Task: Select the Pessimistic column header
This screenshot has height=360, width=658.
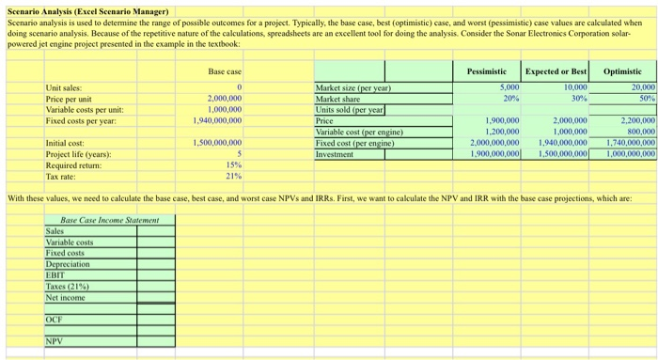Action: pyautogui.click(x=487, y=71)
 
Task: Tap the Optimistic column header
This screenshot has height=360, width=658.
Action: pyautogui.click(x=622, y=71)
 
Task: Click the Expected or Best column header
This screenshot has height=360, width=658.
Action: pyautogui.click(x=556, y=71)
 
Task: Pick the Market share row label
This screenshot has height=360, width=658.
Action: pyautogui.click(x=340, y=99)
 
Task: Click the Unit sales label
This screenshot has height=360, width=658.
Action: pyautogui.click(x=65, y=88)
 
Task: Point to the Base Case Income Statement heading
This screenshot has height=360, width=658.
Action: pyautogui.click(x=102, y=220)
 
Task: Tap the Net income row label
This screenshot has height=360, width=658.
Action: pyautogui.click(x=66, y=297)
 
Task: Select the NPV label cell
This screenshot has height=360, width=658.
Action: pyautogui.click(x=55, y=341)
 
